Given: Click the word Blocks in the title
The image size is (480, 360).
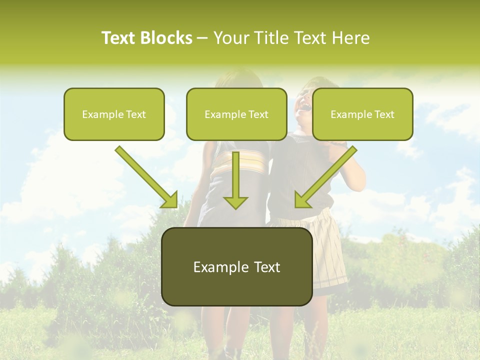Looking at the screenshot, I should coord(167,38).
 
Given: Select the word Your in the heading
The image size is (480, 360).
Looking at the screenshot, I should coord(229,38).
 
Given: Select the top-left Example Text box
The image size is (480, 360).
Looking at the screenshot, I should coord(114,114).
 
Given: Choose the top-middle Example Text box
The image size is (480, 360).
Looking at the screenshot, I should coord(236,114).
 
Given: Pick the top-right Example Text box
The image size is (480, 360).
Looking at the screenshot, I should coord(362,114).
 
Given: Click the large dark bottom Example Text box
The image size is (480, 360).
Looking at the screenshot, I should coord(237,266).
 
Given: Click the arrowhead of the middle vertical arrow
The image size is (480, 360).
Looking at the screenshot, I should coord(235,202).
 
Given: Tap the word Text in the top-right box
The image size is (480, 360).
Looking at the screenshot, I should coord(384,114).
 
